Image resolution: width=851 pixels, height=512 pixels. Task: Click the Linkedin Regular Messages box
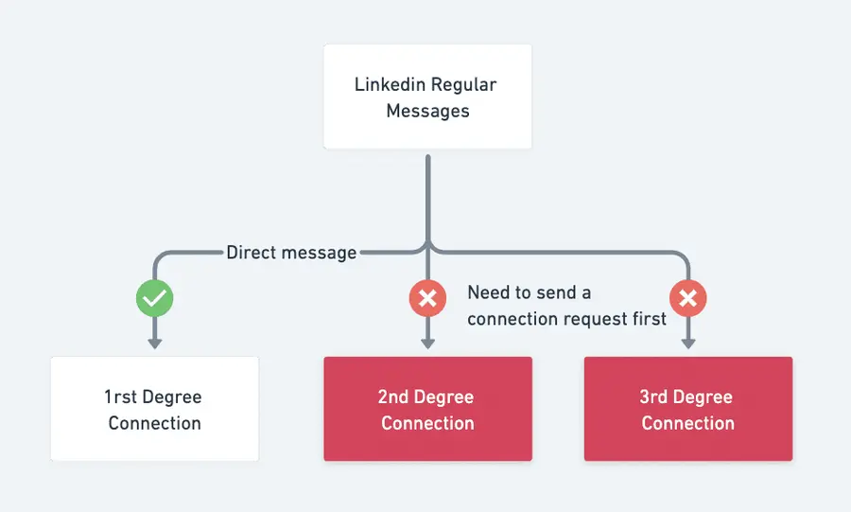pyautogui.click(x=427, y=97)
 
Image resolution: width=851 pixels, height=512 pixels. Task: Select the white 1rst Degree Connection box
pyautogui.click(x=154, y=409)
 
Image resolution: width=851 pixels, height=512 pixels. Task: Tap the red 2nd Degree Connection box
pyautogui.click(x=427, y=409)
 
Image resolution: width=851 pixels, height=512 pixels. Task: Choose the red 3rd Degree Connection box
pyautogui.click(x=687, y=409)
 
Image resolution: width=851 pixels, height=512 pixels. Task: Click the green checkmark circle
pyautogui.click(x=154, y=300)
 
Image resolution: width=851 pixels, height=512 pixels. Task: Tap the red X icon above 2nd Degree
pyautogui.click(x=427, y=300)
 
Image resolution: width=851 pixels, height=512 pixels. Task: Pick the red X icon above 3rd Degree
pyautogui.click(x=687, y=300)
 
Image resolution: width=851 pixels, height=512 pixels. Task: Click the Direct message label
pyautogui.click(x=291, y=253)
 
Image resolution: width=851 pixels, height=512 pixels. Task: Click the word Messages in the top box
pyautogui.click(x=427, y=111)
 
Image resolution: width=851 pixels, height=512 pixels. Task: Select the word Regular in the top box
pyautogui.click(x=463, y=84)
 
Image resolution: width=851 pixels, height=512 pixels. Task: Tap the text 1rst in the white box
pyautogui.click(x=121, y=397)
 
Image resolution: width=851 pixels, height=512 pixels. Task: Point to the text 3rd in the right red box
pyautogui.click(x=656, y=397)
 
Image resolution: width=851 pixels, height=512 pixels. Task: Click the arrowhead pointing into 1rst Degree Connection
pyautogui.click(x=154, y=343)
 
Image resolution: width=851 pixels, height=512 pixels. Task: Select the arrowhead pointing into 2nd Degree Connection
pyautogui.click(x=427, y=343)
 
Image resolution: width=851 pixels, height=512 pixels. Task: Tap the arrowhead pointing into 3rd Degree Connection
pyautogui.click(x=687, y=343)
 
